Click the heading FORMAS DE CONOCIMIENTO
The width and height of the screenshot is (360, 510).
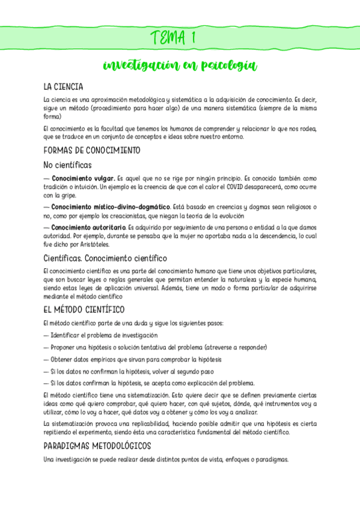tap(92, 150)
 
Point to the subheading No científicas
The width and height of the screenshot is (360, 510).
tap(68, 165)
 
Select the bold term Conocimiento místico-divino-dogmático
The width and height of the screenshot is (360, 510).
tap(111, 207)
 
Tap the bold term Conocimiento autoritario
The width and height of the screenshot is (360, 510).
tap(88, 228)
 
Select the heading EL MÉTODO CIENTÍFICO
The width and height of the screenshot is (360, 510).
tap(84, 310)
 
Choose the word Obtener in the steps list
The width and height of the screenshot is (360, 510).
tap(65, 359)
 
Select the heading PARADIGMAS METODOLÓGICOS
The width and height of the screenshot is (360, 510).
tap(97, 446)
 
